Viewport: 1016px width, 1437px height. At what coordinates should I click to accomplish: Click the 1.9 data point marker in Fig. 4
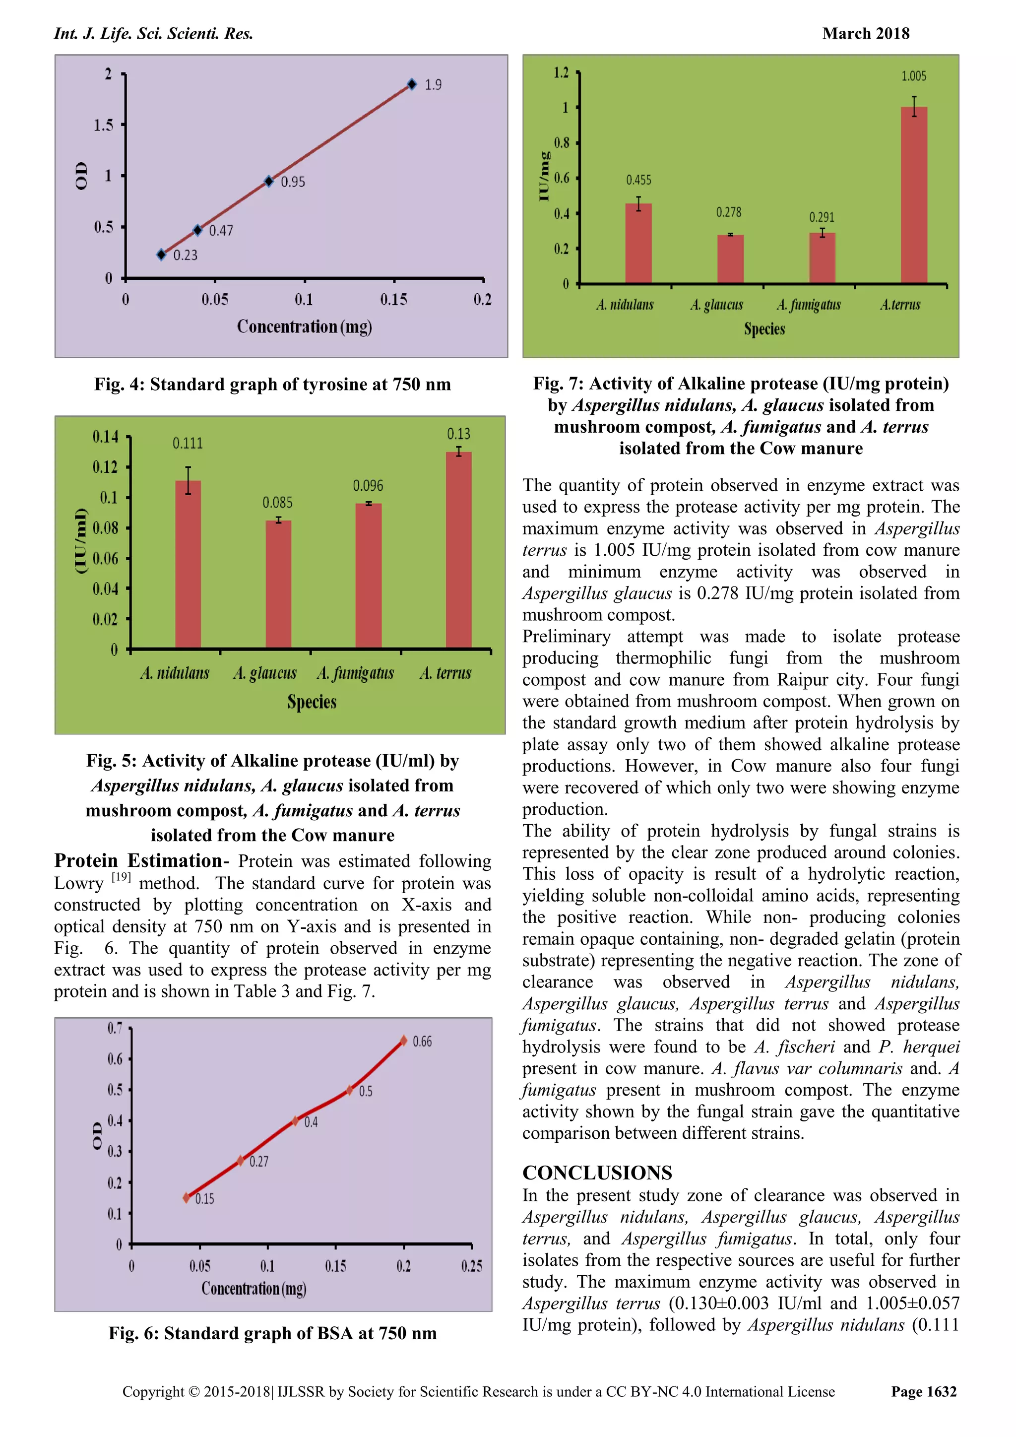[x=412, y=84]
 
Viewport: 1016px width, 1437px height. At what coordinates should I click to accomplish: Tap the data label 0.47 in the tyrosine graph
[x=221, y=231]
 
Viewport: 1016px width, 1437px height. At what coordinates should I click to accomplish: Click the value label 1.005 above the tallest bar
[x=913, y=76]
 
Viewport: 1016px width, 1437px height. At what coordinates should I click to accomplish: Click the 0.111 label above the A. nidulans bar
[x=188, y=444]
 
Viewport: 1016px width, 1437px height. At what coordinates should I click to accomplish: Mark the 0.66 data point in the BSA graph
[x=403, y=1041]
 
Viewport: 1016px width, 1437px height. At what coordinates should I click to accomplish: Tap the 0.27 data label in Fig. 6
[x=258, y=1162]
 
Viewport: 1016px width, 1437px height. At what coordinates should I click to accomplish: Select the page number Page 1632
[x=923, y=1391]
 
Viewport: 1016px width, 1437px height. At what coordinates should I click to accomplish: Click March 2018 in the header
[x=865, y=34]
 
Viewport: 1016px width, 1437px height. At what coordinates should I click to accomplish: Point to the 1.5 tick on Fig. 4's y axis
[x=104, y=125]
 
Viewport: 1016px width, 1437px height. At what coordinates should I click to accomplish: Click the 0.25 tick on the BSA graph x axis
[x=472, y=1266]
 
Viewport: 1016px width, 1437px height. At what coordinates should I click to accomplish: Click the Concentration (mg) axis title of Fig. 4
[x=304, y=327]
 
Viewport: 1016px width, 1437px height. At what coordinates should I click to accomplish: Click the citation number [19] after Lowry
[x=121, y=877]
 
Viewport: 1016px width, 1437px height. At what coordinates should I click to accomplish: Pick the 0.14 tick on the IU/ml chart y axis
[x=105, y=436]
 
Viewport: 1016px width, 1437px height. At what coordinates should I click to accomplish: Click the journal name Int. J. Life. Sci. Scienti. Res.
[x=153, y=34]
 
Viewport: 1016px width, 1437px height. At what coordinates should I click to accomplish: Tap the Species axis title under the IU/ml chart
[x=312, y=702]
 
